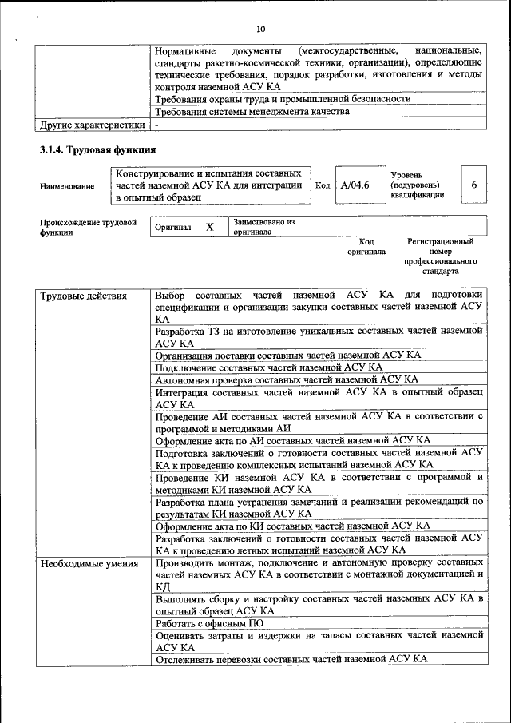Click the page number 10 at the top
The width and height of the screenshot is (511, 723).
point(260,30)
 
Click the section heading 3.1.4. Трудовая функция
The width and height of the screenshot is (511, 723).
point(97,149)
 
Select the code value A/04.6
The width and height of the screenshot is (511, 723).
point(355,185)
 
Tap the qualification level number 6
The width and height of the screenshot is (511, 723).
point(474,185)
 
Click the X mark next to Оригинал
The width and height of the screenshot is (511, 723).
point(210,227)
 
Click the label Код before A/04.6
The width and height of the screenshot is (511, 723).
point(323,185)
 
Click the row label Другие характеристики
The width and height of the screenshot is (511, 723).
point(93,125)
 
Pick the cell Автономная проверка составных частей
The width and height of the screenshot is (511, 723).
point(287,380)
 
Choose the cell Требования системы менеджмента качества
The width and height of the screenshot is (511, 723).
point(252,112)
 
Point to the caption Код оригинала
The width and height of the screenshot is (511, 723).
point(366,246)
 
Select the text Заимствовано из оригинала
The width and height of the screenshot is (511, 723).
point(264,227)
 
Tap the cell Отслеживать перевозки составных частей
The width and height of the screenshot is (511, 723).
point(291,659)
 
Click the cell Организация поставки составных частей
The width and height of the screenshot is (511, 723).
point(288,355)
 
